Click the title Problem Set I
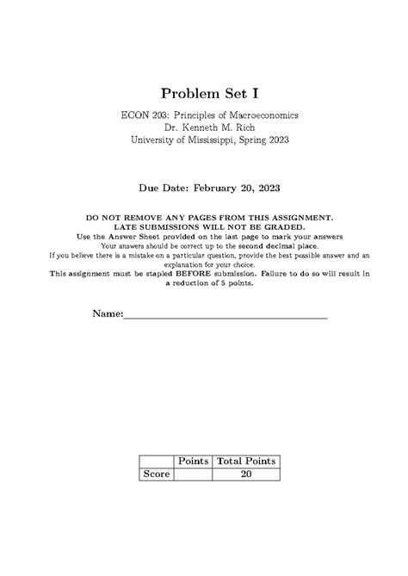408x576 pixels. click(203, 92)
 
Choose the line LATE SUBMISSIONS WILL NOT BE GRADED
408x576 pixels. click(204, 227)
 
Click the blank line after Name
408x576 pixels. click(226, 317)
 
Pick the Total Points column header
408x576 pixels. click(246, 461)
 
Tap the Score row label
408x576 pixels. click(157, 474)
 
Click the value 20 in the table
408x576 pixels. click(246, 474)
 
